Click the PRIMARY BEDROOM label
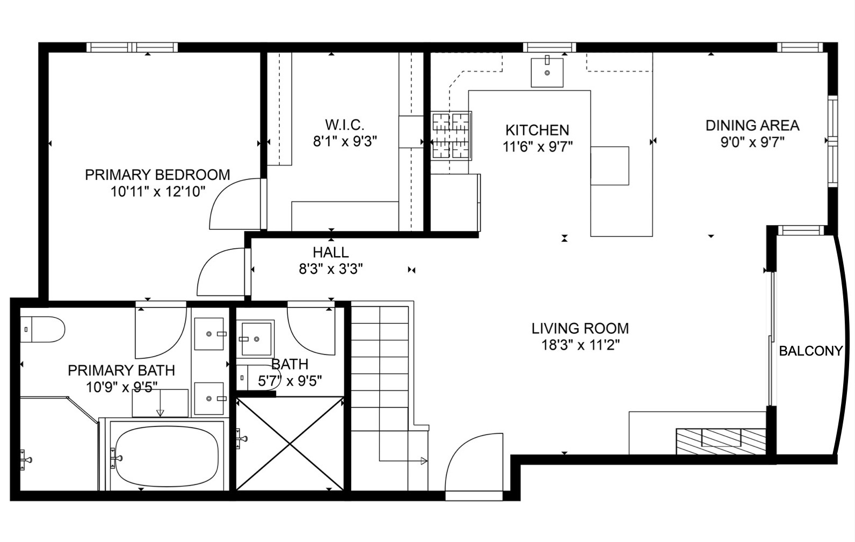pos(157,175)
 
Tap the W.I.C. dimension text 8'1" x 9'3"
pos(345,142)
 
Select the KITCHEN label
pos(537,130)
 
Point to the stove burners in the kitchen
pos(451,135)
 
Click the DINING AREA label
pos(752,126)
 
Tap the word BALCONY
pos(810,351)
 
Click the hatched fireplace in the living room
pos(720,438)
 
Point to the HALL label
pos(330,252)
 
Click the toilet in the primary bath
pos(43,329)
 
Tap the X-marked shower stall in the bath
pos(289,443)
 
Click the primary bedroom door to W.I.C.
pos(236,204)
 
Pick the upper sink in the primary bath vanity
pos(208,334)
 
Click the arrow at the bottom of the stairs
pos(423,460)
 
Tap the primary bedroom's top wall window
pos(132,48)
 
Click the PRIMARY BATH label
pos(121,370)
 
